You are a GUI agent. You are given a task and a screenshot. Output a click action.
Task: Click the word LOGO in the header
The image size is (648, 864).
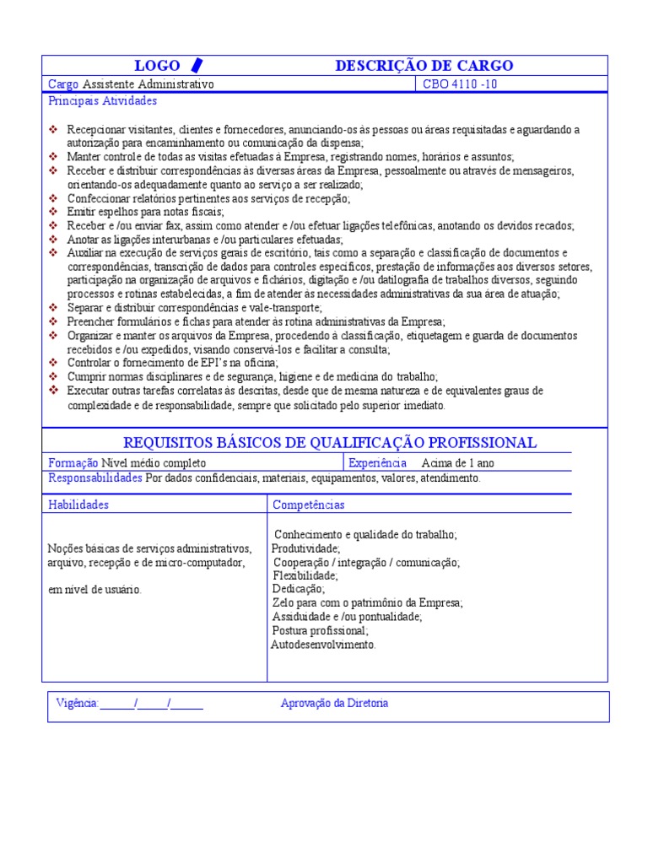pyautogui.click(x=157, y=66)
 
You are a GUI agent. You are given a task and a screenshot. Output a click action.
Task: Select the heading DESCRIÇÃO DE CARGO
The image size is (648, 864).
pyautogui.click(x=424, y=66)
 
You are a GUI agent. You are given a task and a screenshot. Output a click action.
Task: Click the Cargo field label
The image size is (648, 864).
pyautogui.click(x=63, y=84)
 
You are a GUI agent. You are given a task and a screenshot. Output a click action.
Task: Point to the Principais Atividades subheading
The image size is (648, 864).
pyautogui.click(x=103, y=101)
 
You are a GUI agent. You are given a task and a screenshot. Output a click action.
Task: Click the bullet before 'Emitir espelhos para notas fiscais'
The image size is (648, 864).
pyautogui.click(x=54, y=212)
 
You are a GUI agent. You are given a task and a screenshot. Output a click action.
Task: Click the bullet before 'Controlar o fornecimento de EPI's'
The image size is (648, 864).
pyautogui.click(x=54, y=363)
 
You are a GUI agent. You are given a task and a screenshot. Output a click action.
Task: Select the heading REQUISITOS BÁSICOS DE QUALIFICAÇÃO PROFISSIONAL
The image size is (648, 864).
pyautogui.click(x=330, y=443)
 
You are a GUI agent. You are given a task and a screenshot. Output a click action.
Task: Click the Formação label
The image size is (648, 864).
pyautogui.click(x=73, y=462)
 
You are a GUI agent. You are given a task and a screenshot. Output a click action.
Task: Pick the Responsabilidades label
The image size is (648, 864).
pyautogui.click(x=95, y=478)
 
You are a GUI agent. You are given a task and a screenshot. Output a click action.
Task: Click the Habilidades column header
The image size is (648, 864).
pyautogui.click(x=78, y=505)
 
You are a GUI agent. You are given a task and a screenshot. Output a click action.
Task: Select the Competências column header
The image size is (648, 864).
pyautogui.click(x=308, y=505)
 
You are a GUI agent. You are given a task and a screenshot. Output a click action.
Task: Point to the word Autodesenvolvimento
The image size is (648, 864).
pyautogui.click(x=323, y=645)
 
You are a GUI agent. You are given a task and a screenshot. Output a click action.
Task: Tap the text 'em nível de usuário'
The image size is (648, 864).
pyautogui.click(x=94, y=590)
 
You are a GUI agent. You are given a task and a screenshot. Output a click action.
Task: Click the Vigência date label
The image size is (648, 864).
pyautogui.click(x=77, y=704)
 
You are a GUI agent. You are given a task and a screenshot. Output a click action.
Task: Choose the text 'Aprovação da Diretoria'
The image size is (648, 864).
pyautogui.click(x=334, y=704)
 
